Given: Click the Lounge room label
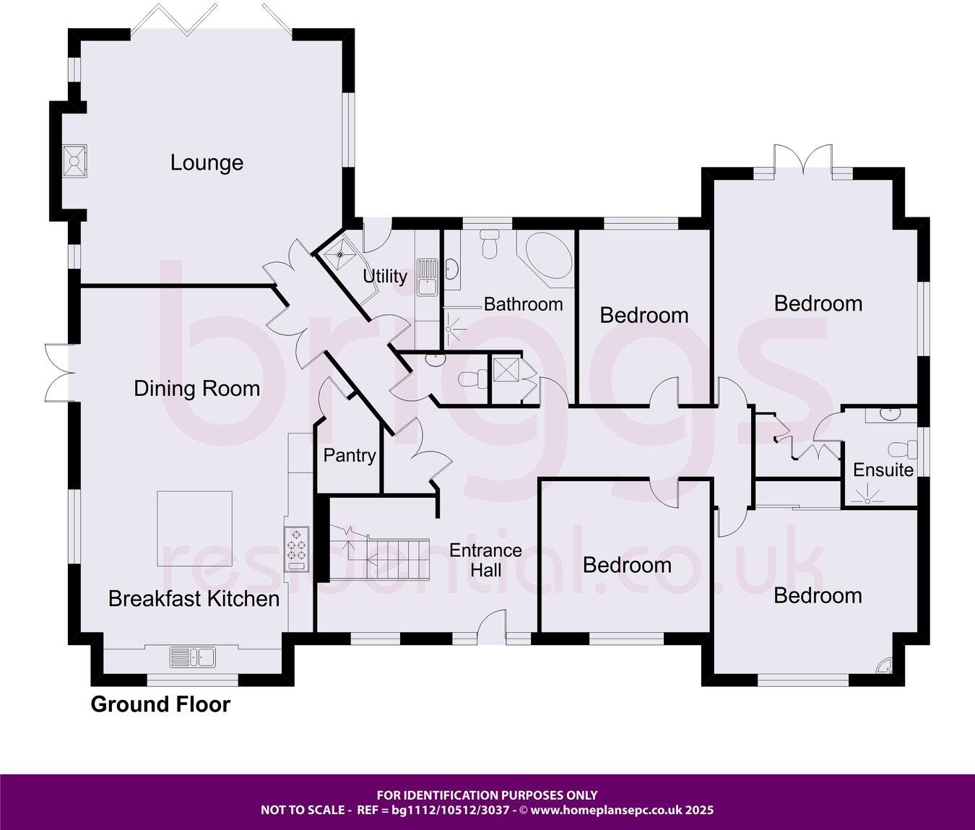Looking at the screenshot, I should click(207, 163).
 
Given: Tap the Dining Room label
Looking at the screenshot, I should click(196, 389).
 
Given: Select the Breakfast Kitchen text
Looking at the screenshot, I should click(194, 598).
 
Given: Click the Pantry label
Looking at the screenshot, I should click(350, 455).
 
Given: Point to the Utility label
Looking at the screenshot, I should click(385, 276).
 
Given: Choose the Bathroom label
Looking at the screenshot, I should click(523, 304).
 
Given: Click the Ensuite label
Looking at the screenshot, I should click(883, 470).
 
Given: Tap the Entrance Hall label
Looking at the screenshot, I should click(485, 560).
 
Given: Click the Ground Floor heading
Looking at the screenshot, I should click(160, 704).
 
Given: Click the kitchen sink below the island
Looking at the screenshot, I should click(193, 657).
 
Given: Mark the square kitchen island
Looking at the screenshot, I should click(195, 528).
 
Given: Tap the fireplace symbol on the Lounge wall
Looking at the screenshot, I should click(74, 160).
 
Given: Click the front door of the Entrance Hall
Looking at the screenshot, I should click(493, 624).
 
